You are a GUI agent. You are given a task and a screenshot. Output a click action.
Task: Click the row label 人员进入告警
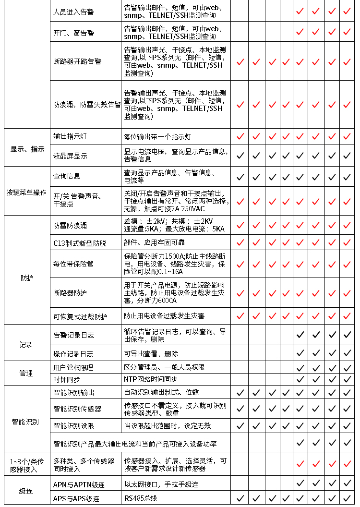pos(73,12)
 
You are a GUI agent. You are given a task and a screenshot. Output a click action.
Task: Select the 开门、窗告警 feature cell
pos(73,33)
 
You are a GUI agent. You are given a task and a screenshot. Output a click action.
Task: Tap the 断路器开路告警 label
pos(77,61)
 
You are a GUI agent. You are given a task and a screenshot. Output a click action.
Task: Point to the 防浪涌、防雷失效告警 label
pos(87,105)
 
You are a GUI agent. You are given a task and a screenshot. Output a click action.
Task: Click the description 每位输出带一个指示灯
pos(157,137)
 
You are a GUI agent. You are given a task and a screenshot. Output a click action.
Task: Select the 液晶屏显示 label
pos(70,156)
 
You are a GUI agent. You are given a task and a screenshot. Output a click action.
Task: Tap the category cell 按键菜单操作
pos(26,192)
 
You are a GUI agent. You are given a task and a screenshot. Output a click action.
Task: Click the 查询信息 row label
pos(67,176)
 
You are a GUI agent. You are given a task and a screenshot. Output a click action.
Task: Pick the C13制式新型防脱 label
pos(80,243)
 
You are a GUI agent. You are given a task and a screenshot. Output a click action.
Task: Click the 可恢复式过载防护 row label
pos(80,316)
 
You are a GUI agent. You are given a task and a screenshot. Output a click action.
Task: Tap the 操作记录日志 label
pos(73,354)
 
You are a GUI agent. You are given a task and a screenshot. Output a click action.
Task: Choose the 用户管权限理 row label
pos(73,367)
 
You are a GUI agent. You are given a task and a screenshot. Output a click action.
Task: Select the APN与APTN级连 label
pos(76,484)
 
